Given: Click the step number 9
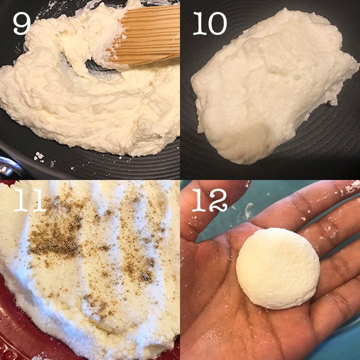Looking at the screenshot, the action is tap(22, 23).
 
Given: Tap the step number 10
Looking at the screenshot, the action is tap(210, 23).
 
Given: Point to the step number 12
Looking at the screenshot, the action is tap(209, 200).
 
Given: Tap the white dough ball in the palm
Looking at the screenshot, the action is tap(278, 268).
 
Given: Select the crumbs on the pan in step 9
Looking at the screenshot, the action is tap(39, 157).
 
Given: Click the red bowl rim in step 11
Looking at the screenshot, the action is tap(14, 321).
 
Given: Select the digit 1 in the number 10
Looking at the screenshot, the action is tap(200, 23).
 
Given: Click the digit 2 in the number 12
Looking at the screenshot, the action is tap(219, 200).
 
